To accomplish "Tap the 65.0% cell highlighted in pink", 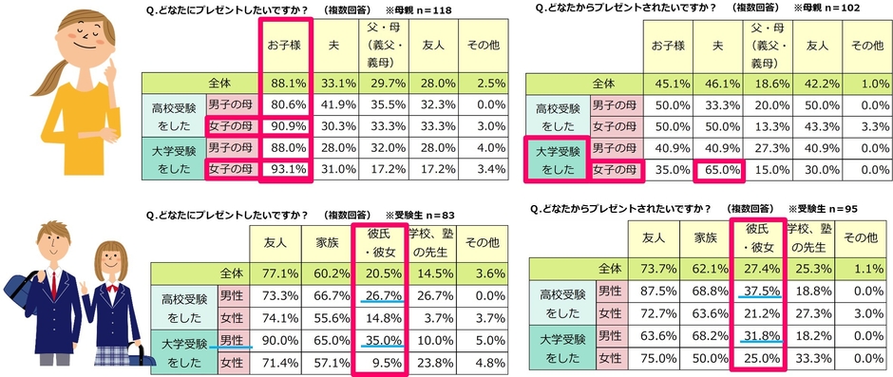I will tap(716, 170).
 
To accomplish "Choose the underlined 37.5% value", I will tap(757, 291).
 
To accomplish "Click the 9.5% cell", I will tap(379, 362).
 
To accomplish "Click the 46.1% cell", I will tap(716, 83).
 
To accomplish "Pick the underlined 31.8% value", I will tap(757, 337).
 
